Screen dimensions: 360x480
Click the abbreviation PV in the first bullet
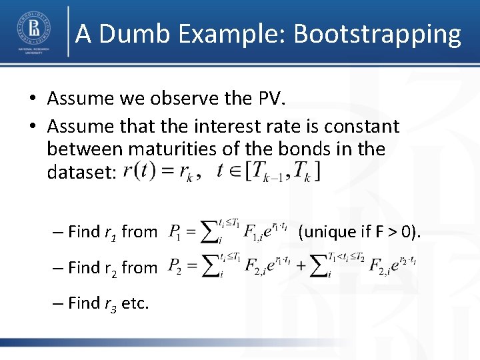269,99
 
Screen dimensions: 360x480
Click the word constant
361,126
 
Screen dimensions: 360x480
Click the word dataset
80,172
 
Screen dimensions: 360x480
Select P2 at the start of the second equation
175,267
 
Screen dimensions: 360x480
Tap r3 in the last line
111,303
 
